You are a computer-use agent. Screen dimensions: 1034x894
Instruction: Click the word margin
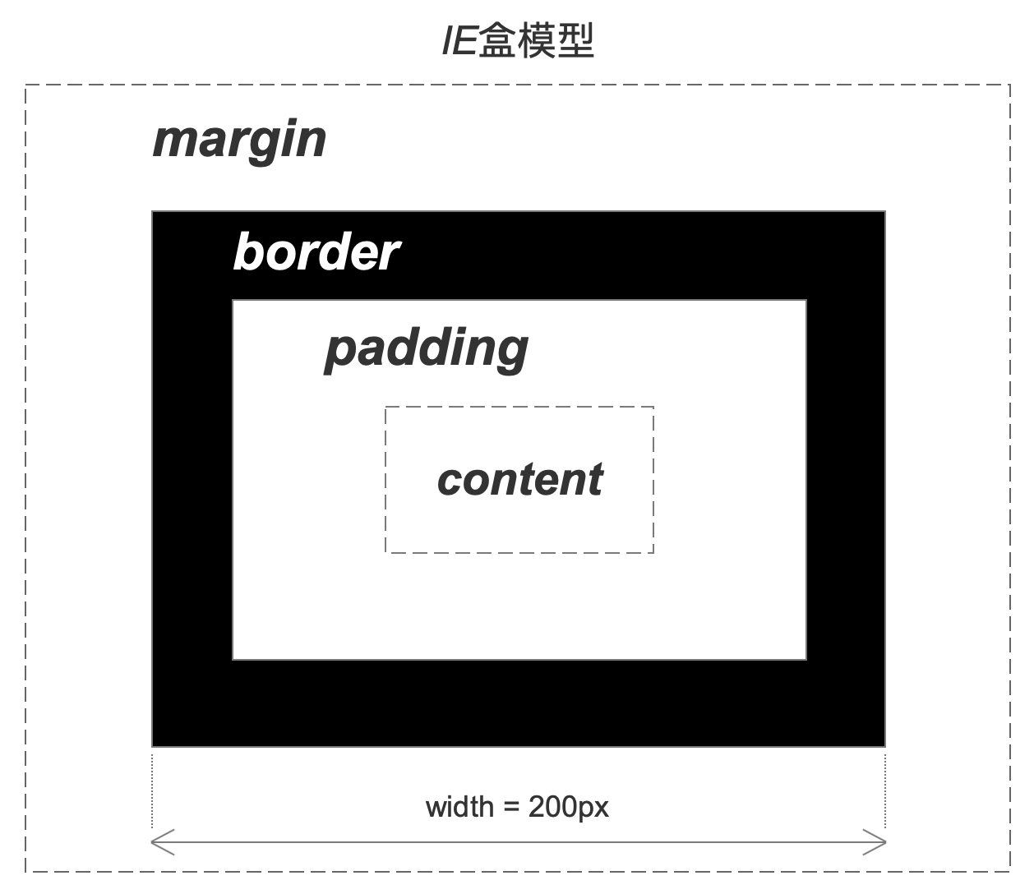pyautogui.click(x=239, y=141)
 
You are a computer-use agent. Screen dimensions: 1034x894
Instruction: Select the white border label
pyautogui.click(x=316, y=251)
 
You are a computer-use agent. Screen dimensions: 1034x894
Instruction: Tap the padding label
pyautogui.click(x=427, y=348)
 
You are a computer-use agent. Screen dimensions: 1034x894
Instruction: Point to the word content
pyautogui.click(x=519, y=480)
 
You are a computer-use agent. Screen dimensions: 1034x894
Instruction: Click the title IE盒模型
pyautogui.click(x=517, y=41)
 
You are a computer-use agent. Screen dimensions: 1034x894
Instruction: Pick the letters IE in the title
pyautogui.click(x=459, y=41)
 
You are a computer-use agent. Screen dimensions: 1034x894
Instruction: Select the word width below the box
pyautogui.click(x=459, y=807)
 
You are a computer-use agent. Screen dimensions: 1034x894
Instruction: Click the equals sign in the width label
pyautogui.click(x=511, y=808)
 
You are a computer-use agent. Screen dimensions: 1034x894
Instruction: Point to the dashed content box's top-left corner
pyautogui.click(x=385, y=407)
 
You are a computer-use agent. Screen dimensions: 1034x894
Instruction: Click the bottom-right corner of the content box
pyautogui.click(x=653, y=552)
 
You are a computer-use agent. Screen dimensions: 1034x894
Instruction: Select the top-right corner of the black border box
pyautogui.click(x=885, y=212)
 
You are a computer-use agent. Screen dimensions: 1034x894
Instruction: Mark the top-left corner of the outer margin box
pyautogui.click(x=25, y=85)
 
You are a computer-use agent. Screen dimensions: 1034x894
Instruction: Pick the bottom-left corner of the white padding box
pyautogui.click(x=233, y=659)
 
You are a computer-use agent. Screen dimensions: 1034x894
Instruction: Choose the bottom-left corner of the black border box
pyautogui.click(x=153, y=746)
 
